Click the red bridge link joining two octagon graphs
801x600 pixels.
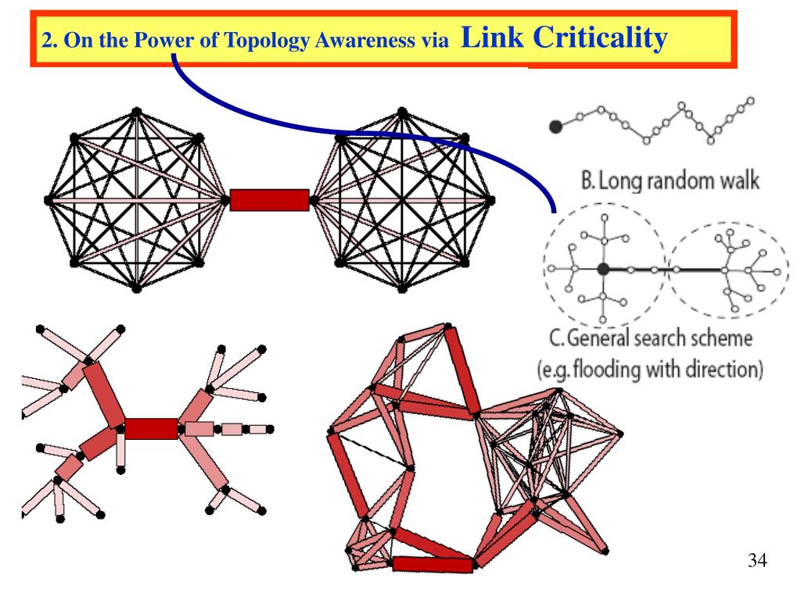(270, 200)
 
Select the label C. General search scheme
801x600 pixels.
(650, 339)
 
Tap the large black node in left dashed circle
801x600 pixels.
(603, 269)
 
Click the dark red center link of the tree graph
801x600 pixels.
(151, 428)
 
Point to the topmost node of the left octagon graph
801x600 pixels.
(137, 112)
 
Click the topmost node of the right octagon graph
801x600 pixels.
(401, 112)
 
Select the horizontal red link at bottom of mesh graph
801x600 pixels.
(433, 564)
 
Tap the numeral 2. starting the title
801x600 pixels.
(48, 41)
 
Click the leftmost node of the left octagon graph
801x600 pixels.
(48, 200)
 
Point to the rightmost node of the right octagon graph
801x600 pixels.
(490, 200)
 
